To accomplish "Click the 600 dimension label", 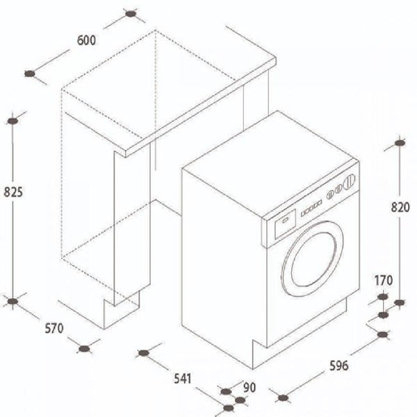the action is click(86, 40).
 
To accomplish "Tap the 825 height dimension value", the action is click(13, 192).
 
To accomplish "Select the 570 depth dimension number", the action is click(54, 329).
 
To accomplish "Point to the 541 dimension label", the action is click(183, 379).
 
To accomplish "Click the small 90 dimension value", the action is click(250, 388).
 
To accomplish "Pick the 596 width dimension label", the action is click(339, 366).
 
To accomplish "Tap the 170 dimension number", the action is click(384, 281).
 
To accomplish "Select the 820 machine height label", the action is click(400, 207).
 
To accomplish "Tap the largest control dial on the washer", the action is click(349, 182).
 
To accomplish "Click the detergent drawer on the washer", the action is click(285, 223).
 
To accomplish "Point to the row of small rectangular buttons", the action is click(311, 208).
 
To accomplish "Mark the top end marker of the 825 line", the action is click(13, 121).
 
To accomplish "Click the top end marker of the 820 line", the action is click(400, 143).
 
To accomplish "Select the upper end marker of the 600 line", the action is click(131, 14).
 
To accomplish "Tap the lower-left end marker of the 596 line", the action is click(283, 398).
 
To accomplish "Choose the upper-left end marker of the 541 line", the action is click(144, 353).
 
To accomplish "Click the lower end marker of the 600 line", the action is click(30, 74).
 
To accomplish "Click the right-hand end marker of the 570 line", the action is click(84, 349).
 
